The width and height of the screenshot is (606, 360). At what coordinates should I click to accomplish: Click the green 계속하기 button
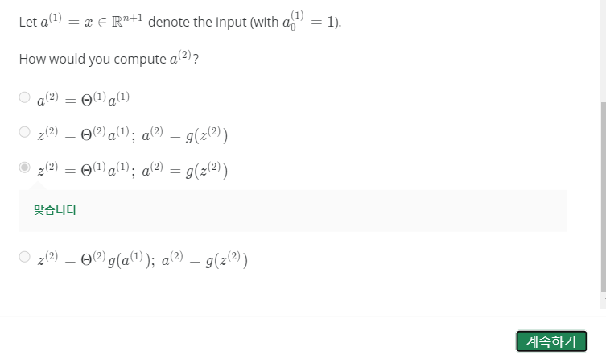(x=551, y=341)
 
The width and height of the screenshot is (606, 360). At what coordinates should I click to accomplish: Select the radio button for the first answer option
(x=25, y=98)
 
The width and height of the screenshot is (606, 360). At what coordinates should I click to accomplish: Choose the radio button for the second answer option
(x=25, y=133)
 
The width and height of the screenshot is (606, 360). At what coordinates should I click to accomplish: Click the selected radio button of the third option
(x=25, y=168)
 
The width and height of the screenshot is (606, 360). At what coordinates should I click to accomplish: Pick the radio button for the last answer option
(x=25, y=258)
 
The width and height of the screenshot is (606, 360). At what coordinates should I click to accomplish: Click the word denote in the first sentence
(x=169, y=22)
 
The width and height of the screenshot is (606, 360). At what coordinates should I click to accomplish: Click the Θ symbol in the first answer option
(x=87, y=100)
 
